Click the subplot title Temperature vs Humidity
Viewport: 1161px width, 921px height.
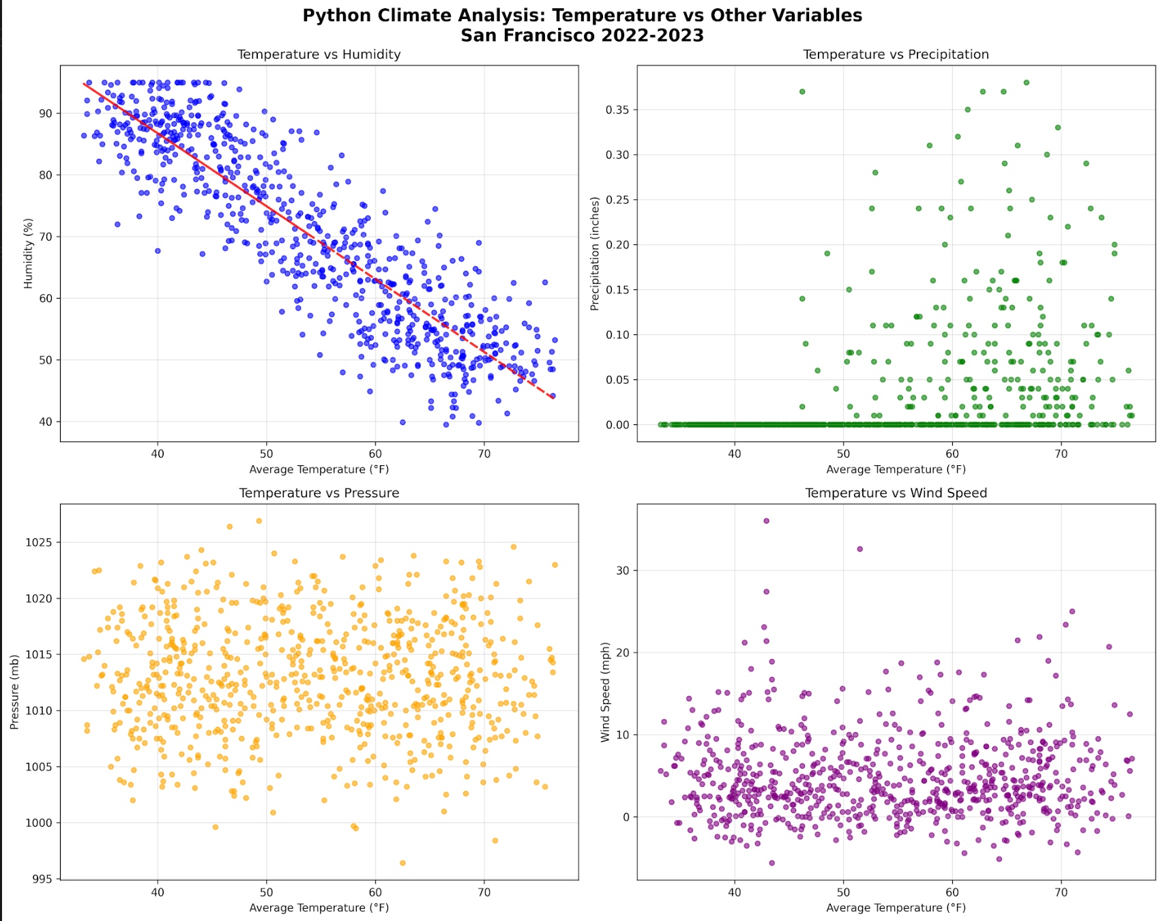(319, 55)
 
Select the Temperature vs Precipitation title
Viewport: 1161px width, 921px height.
(896, 55)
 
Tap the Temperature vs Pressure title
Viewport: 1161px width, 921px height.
(319, 493)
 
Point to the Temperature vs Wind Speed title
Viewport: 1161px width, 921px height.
(896, 493)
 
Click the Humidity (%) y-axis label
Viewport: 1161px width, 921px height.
(29, 254)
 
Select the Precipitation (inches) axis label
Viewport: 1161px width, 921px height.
(595, 254)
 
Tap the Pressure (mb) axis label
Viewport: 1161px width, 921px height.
(14, 692)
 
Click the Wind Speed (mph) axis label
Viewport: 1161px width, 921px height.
(605, 692)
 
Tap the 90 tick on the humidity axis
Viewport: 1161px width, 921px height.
(46, 113)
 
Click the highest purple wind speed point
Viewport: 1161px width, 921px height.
(766, 521)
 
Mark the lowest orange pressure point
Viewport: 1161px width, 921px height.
(402, 863)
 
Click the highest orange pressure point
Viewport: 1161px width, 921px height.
(259, 521)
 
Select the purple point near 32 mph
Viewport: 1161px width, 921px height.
(859, 549)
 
